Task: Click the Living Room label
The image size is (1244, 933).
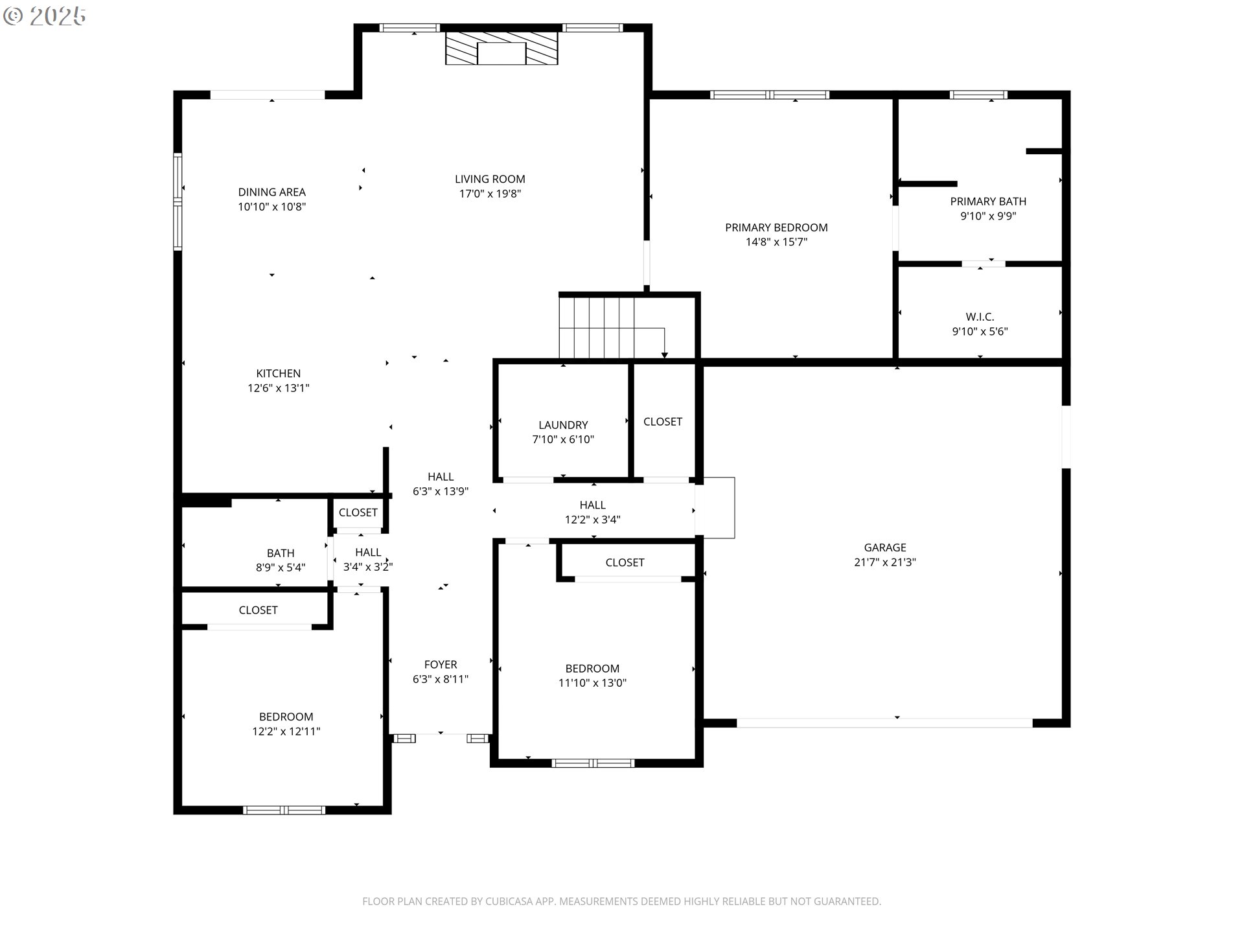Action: click(490, 179)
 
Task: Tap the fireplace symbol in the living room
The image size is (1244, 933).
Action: click(501, 49)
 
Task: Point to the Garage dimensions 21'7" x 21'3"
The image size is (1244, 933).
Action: click(885, 562)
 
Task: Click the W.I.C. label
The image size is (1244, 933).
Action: click(980, 317)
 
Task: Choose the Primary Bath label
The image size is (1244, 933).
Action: click(988, 202)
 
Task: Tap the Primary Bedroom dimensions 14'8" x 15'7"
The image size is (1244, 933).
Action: click(776, 242)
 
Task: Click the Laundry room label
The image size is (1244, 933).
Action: click(563, 425)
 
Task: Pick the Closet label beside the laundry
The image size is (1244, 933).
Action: click(663, 422)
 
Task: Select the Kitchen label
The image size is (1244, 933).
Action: click(279, 373)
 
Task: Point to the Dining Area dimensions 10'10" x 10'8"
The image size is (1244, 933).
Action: click(272, 207)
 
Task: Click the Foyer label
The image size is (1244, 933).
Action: click(441, 665)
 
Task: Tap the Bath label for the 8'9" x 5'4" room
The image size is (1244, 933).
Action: click(281, 553)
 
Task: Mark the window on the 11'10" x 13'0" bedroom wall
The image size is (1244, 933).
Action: click(593, 763)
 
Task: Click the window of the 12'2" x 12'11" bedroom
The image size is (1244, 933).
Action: click(284, 810)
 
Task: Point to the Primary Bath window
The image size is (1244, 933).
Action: click(978, 95)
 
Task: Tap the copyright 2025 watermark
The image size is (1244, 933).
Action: click(44, 16)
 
